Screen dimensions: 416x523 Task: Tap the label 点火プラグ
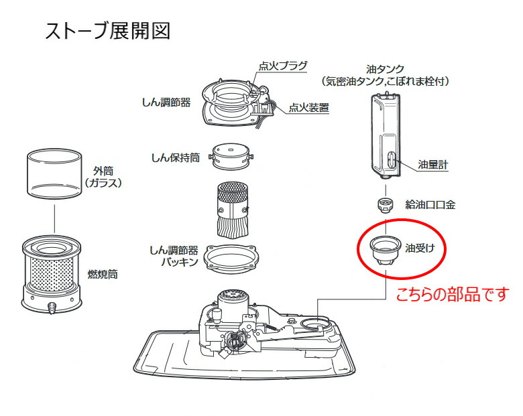point(283,66)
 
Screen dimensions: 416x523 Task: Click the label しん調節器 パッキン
point(173,255)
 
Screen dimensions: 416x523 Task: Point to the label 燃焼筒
point(103,275)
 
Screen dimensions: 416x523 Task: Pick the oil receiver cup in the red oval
point(383,250)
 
